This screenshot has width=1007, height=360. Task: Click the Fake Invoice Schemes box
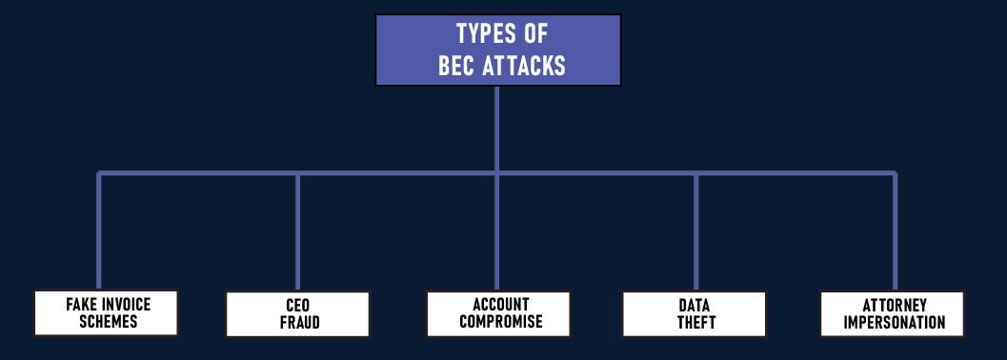tap(106, 312)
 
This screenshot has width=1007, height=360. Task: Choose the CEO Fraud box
tap(298, 314)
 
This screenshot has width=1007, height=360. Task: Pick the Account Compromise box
tap(498, 312)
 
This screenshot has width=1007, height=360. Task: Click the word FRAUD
tap(299, 323)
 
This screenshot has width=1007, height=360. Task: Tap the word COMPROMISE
tap(500, 322)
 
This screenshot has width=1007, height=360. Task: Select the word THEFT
tap(695, 323)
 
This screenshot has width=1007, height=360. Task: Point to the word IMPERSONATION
tap(895, 323)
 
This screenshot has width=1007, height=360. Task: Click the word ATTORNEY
tap(895, 306)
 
